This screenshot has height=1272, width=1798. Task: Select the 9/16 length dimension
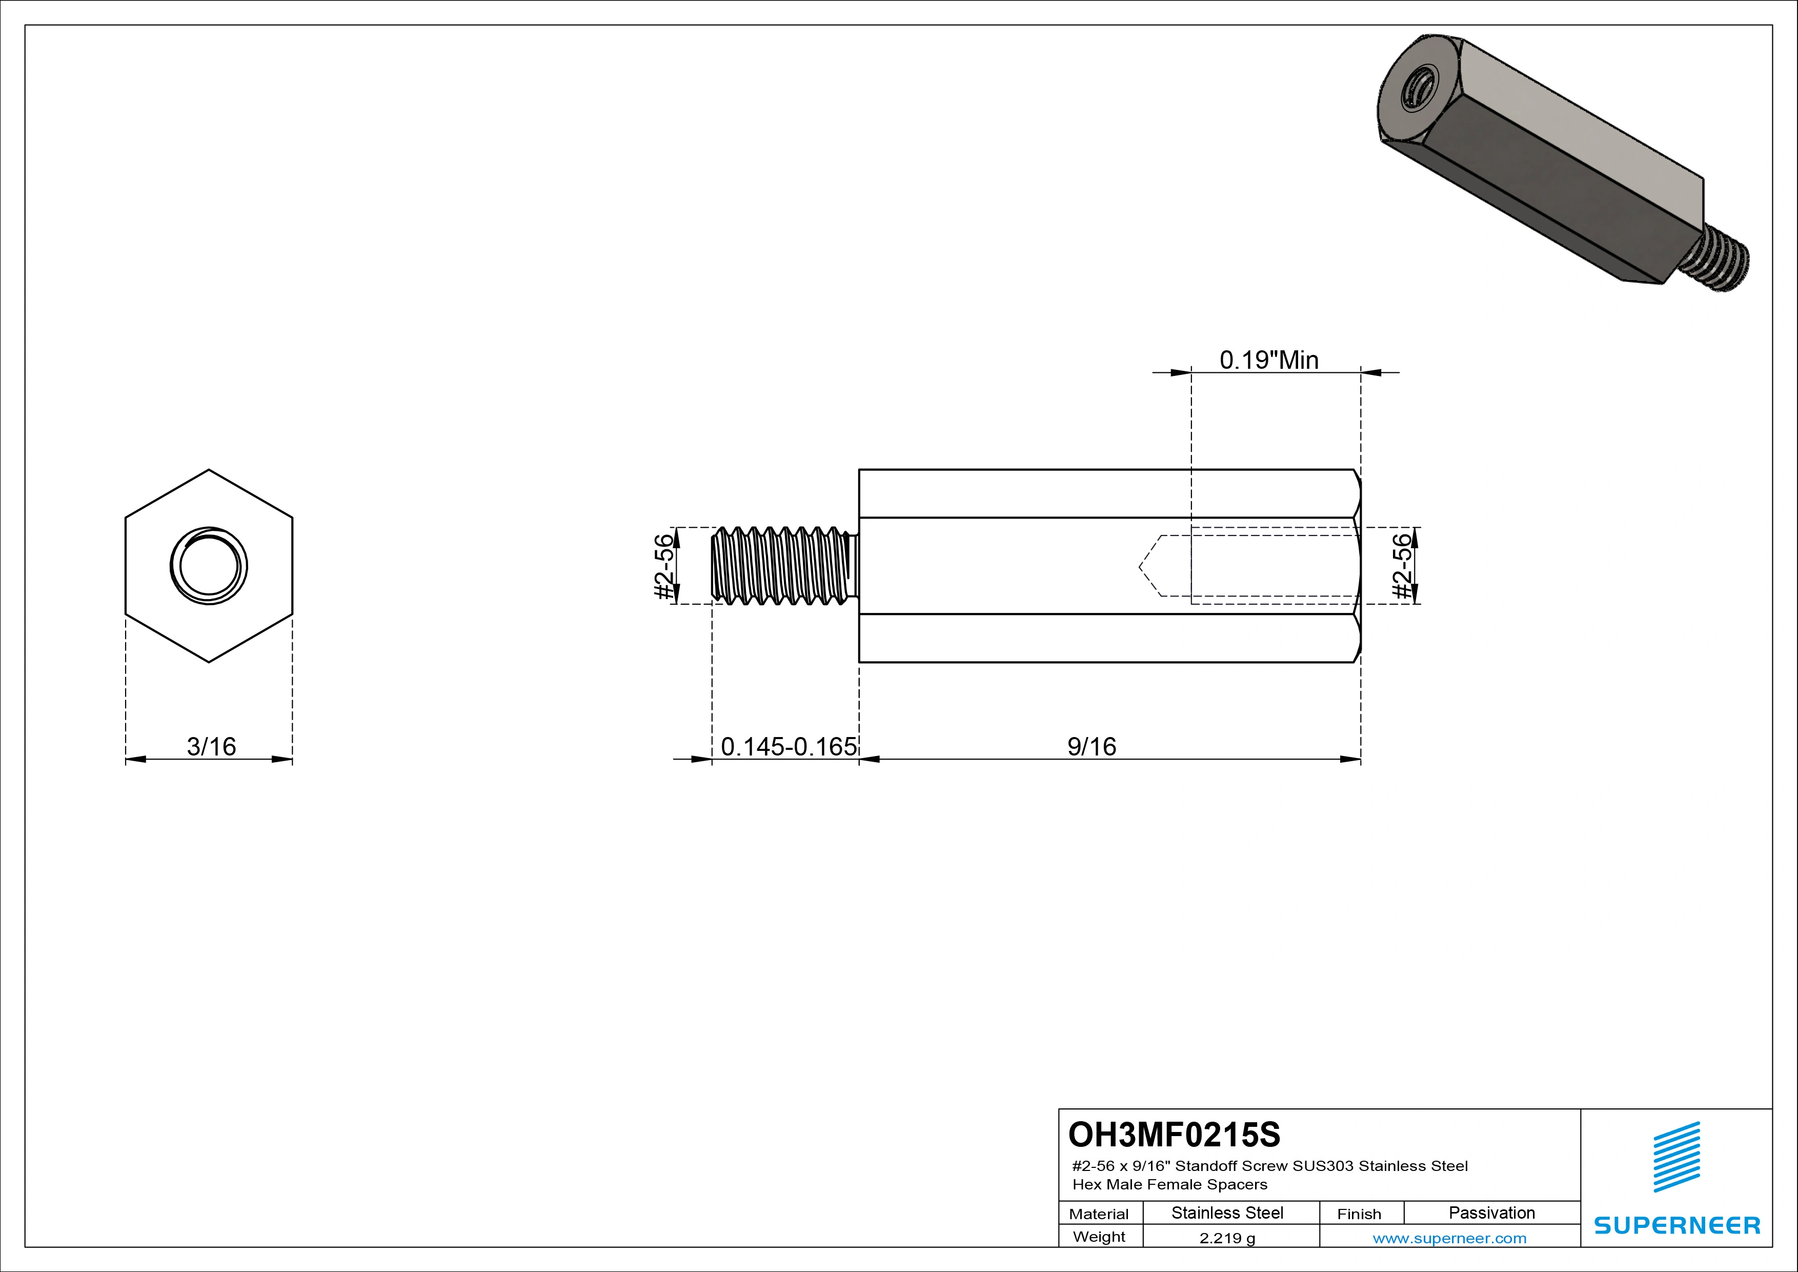coord(1092,746)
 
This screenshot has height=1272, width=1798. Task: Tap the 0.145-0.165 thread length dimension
coord(788,746)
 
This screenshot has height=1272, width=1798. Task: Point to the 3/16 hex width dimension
coord(211,746)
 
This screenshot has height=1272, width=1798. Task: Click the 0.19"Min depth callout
coord(1268,360)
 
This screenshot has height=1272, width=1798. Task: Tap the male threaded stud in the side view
coord(783,566)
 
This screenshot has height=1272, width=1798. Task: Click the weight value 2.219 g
coord(1227,1238)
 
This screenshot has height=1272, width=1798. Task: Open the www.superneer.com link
coord(1449,1238)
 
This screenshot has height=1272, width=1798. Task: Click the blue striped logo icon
coord(1676,1157)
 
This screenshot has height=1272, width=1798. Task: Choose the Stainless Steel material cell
coord(1227,1213)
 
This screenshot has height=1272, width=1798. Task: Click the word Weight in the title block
coord(1099,1237)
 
